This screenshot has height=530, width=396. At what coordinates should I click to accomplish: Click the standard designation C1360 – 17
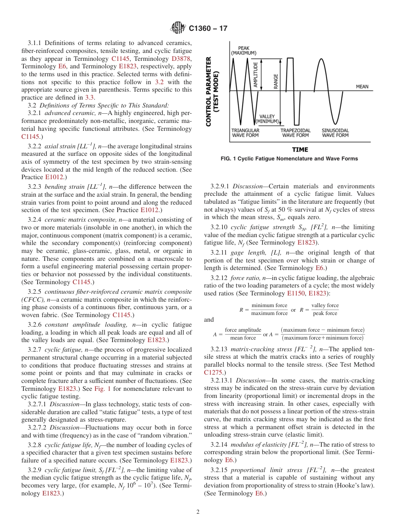point(208,29)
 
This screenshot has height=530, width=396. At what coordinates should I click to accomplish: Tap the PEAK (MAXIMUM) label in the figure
point(244,50)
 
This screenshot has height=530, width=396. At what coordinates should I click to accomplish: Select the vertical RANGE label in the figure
point(276,81)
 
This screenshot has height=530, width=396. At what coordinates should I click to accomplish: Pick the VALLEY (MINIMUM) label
point(267,119)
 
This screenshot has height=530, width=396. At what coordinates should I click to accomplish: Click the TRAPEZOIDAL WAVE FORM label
point(295,133)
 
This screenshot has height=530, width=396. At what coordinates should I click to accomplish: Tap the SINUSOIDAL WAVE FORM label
point(335,133)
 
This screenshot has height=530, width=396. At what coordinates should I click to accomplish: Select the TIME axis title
point(300,149)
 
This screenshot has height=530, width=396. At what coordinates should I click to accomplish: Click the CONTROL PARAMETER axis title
point(212,91)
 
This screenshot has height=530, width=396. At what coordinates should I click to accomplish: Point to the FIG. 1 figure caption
point(289,159)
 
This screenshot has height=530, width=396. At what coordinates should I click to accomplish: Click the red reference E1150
point(296,293)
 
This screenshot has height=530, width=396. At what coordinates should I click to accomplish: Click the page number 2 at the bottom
point(198,512)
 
